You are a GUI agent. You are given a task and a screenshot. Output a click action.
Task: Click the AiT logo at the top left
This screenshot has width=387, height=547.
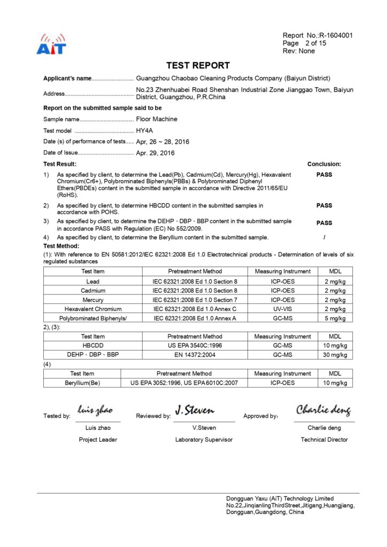pyautogui.click(x=51, y=45)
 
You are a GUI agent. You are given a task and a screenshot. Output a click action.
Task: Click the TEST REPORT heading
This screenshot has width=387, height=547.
pyautogui.click(x=198, y=66)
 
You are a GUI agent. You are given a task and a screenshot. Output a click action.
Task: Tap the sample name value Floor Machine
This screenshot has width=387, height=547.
pyautogui.click(x=157, y=119)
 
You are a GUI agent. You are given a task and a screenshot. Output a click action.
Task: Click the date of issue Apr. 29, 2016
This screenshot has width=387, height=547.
pyautogui.click(x=156, y=153)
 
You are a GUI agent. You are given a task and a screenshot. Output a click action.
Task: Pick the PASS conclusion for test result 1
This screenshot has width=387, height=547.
pyautogui.click(x=324, y=175)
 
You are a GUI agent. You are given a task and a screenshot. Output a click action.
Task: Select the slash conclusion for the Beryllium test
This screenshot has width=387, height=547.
pyautogui.click(x=324, y=237)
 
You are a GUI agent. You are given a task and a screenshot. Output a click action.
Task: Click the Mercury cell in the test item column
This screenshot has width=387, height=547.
pyautogui.click(x=93, y=300)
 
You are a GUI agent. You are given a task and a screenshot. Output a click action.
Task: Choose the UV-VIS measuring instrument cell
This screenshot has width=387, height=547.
pyautogui.click(x=282, y=309)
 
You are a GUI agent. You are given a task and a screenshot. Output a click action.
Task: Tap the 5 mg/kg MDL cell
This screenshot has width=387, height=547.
pyautogui.click(x=335, y=318)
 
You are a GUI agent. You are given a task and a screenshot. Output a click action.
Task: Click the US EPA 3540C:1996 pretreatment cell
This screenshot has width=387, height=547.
pyautogui.click(x=195, y=346)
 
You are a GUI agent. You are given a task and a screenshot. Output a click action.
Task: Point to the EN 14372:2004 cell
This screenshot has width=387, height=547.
pyautogui.click(x=195, y=355)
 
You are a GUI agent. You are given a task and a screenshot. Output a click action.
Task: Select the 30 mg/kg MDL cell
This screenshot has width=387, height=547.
pyautogui.click(x=335, y=355)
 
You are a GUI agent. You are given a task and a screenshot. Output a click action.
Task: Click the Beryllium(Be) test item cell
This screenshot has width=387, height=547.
pyautogui.click(x=82, y=383)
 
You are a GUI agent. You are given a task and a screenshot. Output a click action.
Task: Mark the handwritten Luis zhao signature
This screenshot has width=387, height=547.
pyautogui.click(x=95, y=410)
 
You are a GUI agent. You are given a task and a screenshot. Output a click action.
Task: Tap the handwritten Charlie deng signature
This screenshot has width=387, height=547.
pyautogui.click(x=324, y=410)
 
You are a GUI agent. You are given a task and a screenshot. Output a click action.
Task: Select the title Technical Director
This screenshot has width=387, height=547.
pyautogui.click(x=324, y=440)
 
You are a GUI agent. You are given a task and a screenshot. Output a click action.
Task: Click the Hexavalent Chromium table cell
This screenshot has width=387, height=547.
pyautogui.click(x=93, y=309)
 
